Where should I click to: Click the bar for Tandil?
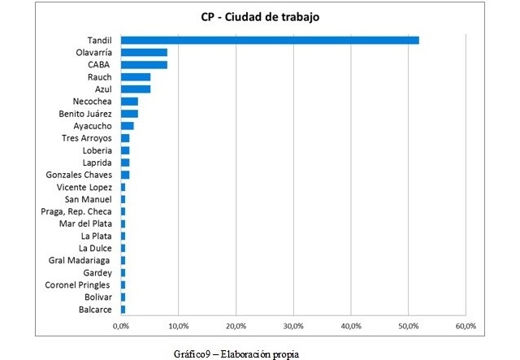pos(270,40)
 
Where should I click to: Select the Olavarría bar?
pos(144,52)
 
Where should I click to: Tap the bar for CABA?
pos(144,64)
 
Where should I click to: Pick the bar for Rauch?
pos(136,76)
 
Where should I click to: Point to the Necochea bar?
pos(129,102)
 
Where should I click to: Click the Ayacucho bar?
pos(127,126)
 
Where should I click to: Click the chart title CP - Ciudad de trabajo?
pos(261,17)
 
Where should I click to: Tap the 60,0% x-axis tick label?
pos(466,326)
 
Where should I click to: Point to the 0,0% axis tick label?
pos(121,326)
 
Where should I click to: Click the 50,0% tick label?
pos(408,326)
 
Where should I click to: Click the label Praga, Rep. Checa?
pos(76,211)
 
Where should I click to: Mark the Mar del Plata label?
pos(85,223)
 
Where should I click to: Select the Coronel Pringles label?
pos(78,284)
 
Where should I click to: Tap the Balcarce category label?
pos(95,309)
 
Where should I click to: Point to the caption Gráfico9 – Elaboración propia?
pos(236,353)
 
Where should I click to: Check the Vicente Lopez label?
pos(85,187)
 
